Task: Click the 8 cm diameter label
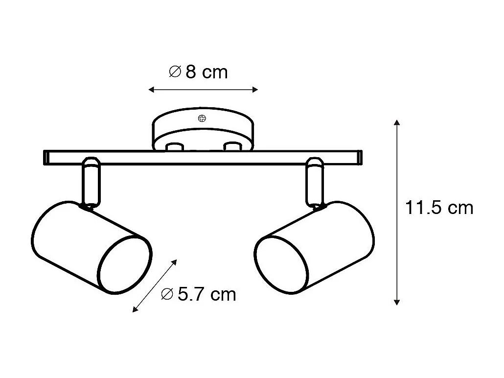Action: (198, 72)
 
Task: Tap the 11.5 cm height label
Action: (439, 208)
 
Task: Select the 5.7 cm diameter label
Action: (199, 294)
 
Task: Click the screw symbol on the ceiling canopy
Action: (202, 118)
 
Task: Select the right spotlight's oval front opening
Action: (282, 265)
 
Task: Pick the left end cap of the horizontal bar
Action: (46, 157)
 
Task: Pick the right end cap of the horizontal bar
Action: (360, 157)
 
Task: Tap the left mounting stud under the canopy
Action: (174, 147)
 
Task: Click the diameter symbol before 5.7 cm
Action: (166, 294)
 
